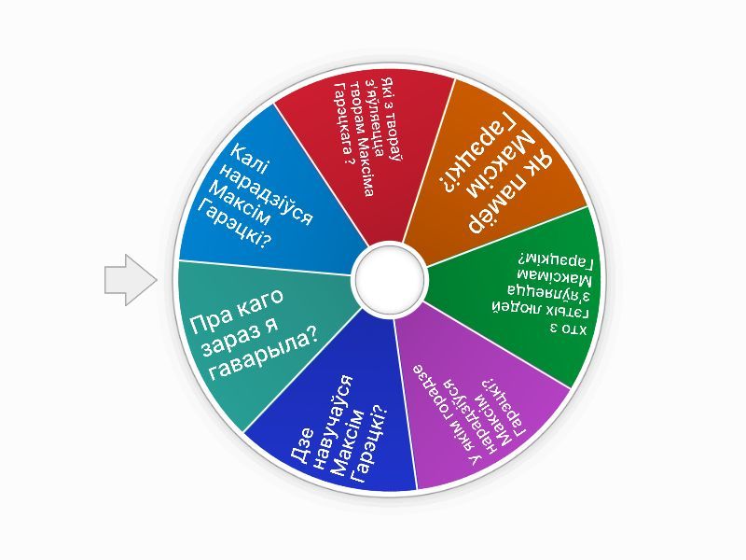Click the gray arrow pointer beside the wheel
(x=131, y=280)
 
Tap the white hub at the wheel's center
(x=390, y=279)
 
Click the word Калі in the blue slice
(x=250, y=161)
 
